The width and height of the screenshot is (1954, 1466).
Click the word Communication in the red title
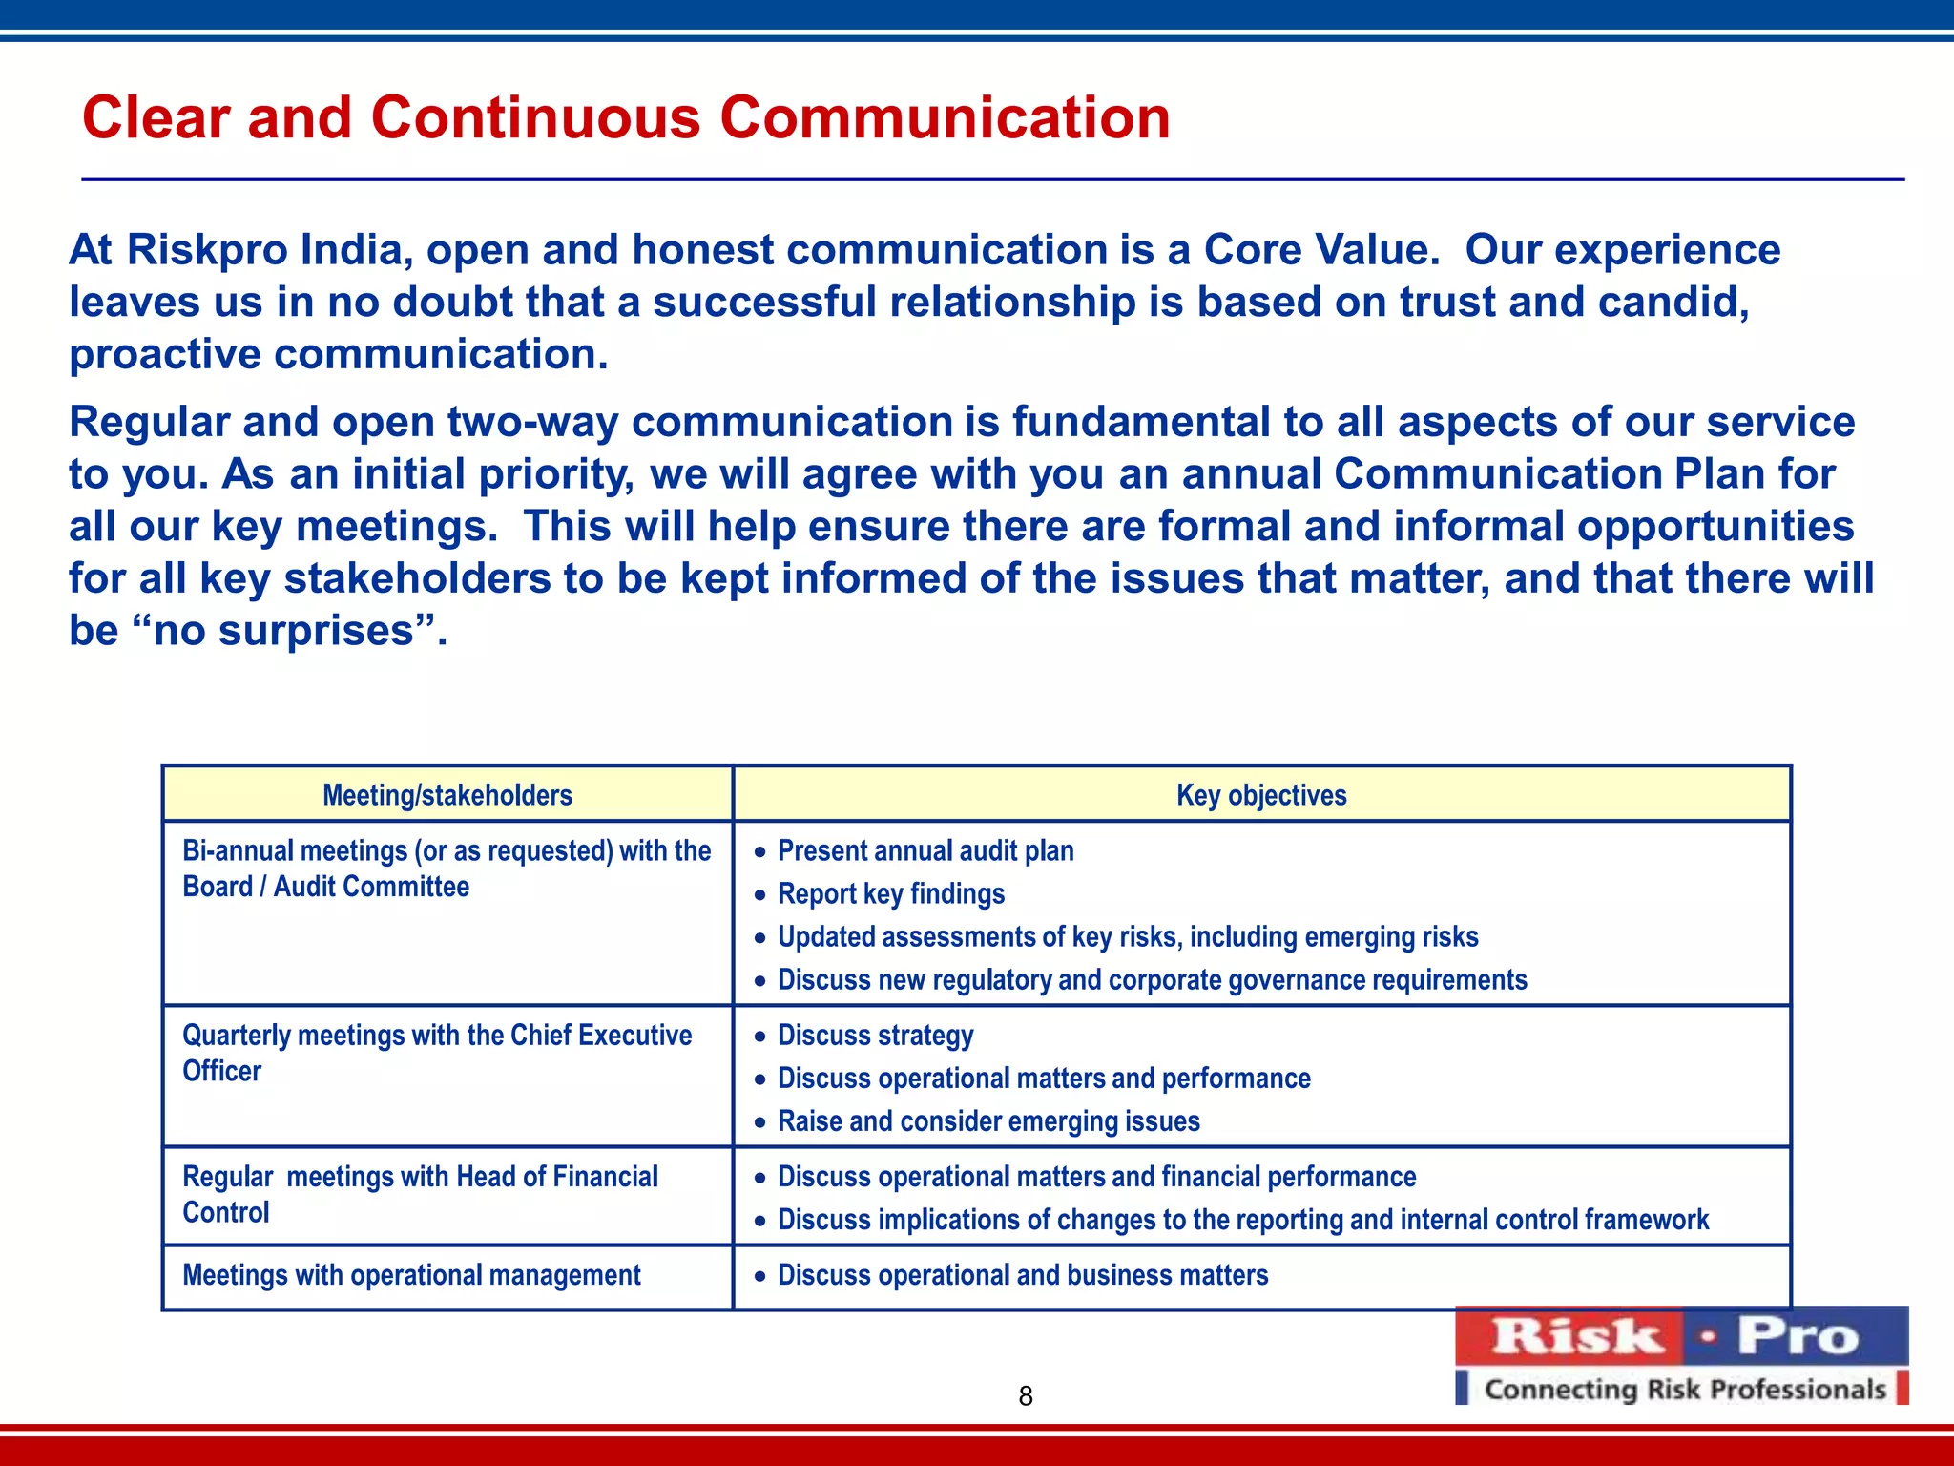[x=945, y=118]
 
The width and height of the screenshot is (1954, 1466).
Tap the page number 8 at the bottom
[x=1026, y=1396]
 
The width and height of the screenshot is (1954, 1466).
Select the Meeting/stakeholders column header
[x=447, y=795]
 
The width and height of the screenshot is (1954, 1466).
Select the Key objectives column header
[x=1261, y=795]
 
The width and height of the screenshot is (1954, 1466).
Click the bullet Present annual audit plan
[x=925, y=850]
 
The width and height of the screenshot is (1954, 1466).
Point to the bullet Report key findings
[x=891, y=893]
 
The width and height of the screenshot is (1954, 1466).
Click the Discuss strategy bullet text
[x=876, y=1036]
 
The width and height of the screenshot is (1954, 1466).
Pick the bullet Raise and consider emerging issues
[x=988, y=1121]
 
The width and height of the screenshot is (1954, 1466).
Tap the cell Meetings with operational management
[x=411, y=1275]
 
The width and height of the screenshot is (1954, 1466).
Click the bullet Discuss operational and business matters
[x=1023, y=1275]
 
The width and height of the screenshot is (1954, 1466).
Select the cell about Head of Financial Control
[x=420, y=1194]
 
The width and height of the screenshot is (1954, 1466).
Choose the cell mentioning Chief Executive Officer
[x=436, y=1052]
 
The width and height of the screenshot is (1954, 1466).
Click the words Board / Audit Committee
[x=325, y=887]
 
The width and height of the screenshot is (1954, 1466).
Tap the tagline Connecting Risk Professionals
[x=1685, y=1390]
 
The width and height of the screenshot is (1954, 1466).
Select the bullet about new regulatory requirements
[x=1152, y=980]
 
